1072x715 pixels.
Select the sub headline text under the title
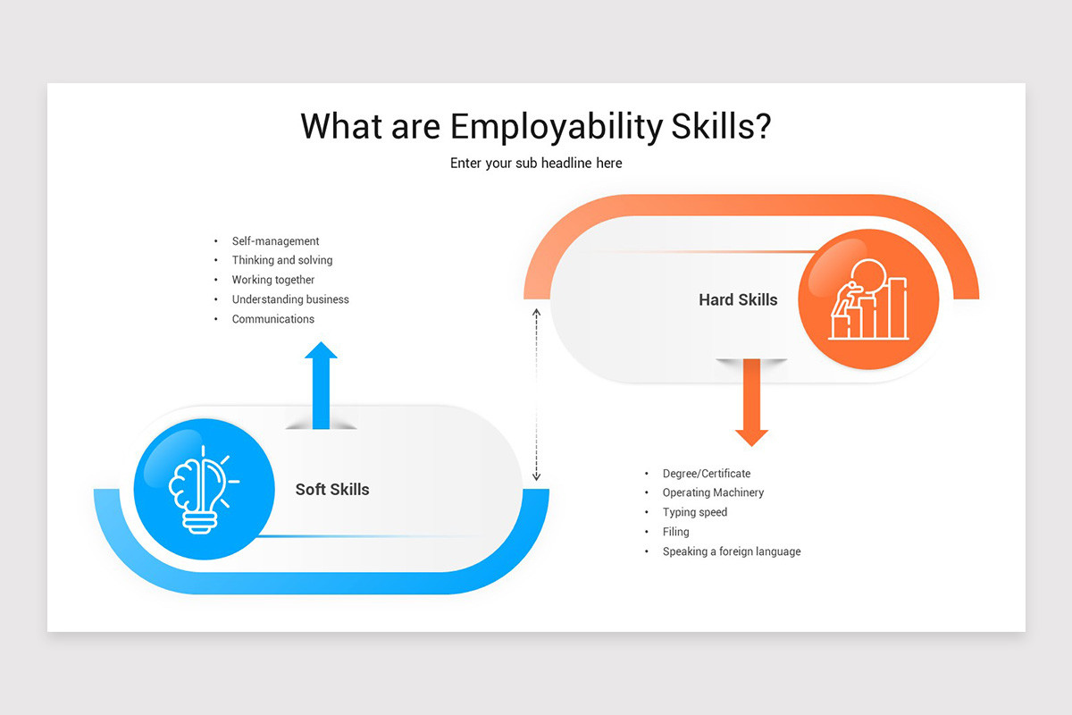coord(536,164)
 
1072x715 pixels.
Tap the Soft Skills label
coord(332,490)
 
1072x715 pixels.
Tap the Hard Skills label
coord(738,300)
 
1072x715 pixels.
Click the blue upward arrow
coord(321,384)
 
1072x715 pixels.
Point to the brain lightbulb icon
coord(204,489)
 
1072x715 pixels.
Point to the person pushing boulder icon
coord(867,300)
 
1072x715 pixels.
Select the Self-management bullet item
coord(275,241)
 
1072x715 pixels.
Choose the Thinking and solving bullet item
coord(282,260)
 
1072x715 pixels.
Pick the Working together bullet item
coord(273,280)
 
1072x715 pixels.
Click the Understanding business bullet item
coord(290,299)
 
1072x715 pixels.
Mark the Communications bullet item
coord(273,319)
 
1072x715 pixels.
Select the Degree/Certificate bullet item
coord(707,474)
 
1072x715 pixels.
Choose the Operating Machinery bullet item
coord(713,492)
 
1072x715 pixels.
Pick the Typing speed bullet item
coord(695,512)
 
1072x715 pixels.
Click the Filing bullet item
coord(676,532)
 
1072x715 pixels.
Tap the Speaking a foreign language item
coord(732,551)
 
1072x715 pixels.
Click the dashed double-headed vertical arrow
coord(537,395)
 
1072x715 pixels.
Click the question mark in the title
coord(761,127)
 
